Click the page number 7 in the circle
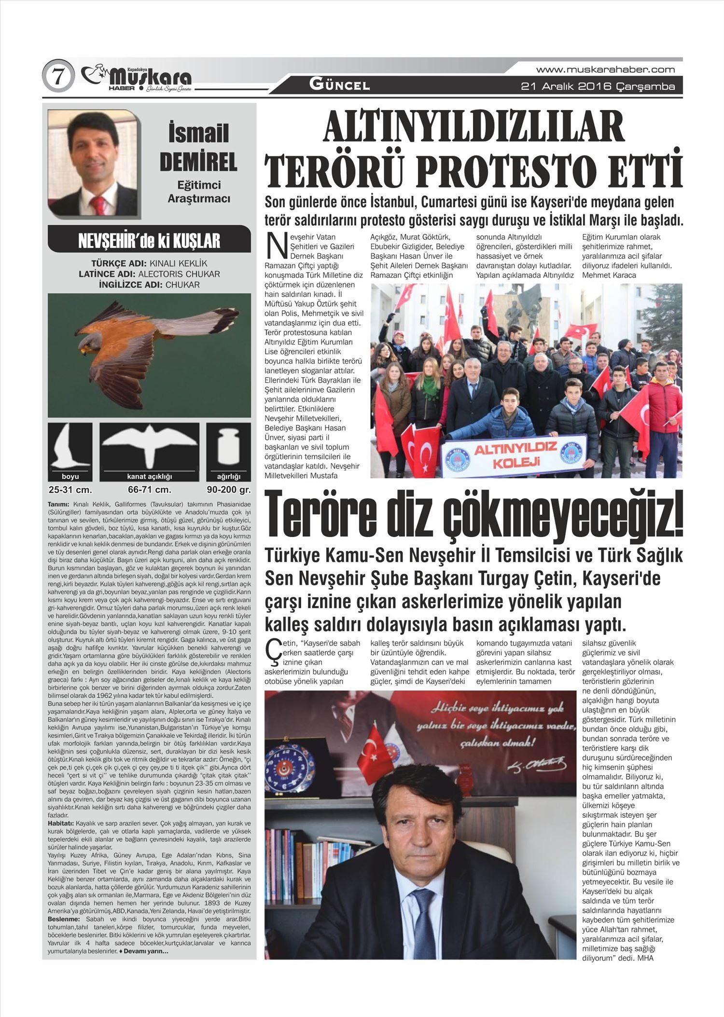click(x=58, y=77)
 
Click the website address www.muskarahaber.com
click(x=605, y=69)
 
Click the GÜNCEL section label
click(x=340, y=85)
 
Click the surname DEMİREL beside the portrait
click(x=198, y=162)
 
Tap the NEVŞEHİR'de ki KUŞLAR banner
click(x=149, y=240)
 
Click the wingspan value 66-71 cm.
click(x=150, y=490)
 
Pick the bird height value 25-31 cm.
click(x=70, y=490)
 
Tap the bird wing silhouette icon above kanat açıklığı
click(x=150, y=446)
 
